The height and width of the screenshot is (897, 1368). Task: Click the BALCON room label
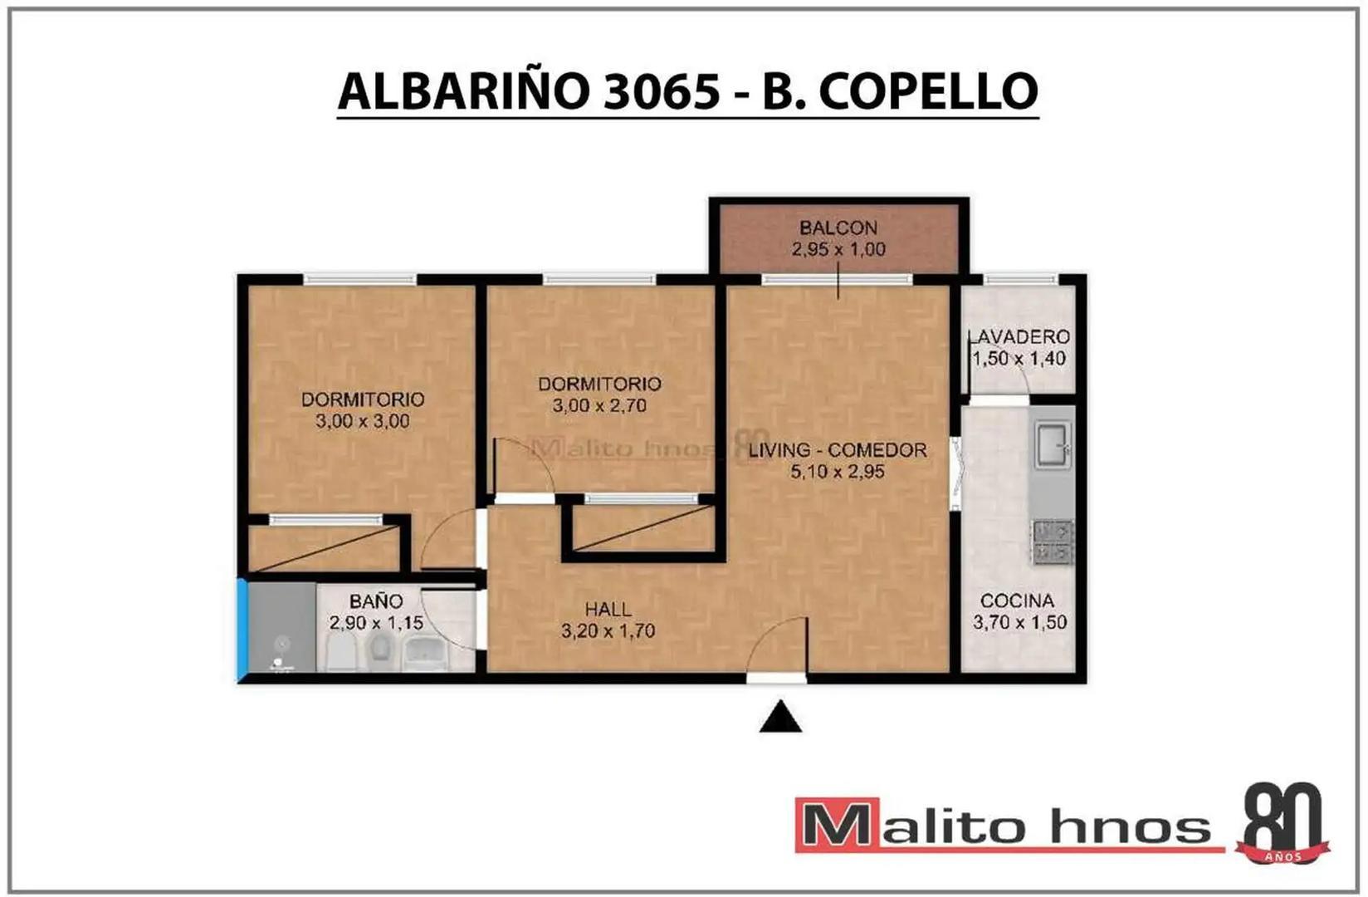tap(838, 228)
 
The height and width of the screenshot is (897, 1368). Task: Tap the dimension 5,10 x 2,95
tap(838, 472)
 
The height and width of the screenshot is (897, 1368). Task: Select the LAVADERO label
tap(1019, 337)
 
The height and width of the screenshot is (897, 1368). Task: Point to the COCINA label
tap(1017, 600)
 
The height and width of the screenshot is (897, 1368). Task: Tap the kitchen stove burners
tap(1053, 542)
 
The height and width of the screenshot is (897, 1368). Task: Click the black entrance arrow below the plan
tap(779, 718)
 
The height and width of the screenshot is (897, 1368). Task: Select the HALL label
tap(608, 610)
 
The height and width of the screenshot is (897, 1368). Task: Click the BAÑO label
tap(376, 601)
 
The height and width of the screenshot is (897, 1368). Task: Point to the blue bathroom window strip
tap(242, 630)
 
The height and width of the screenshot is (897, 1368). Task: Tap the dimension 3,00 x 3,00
tap(362, 421)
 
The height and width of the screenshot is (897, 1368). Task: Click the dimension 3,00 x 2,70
tap(599, 406)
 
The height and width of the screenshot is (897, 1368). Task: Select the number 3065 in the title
tap(661, 91)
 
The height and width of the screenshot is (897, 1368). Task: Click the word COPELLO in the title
tap(928, 91)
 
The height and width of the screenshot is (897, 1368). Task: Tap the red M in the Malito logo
tap(837, 825)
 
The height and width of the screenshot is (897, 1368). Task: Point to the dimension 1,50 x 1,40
tap(1019, 359)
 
